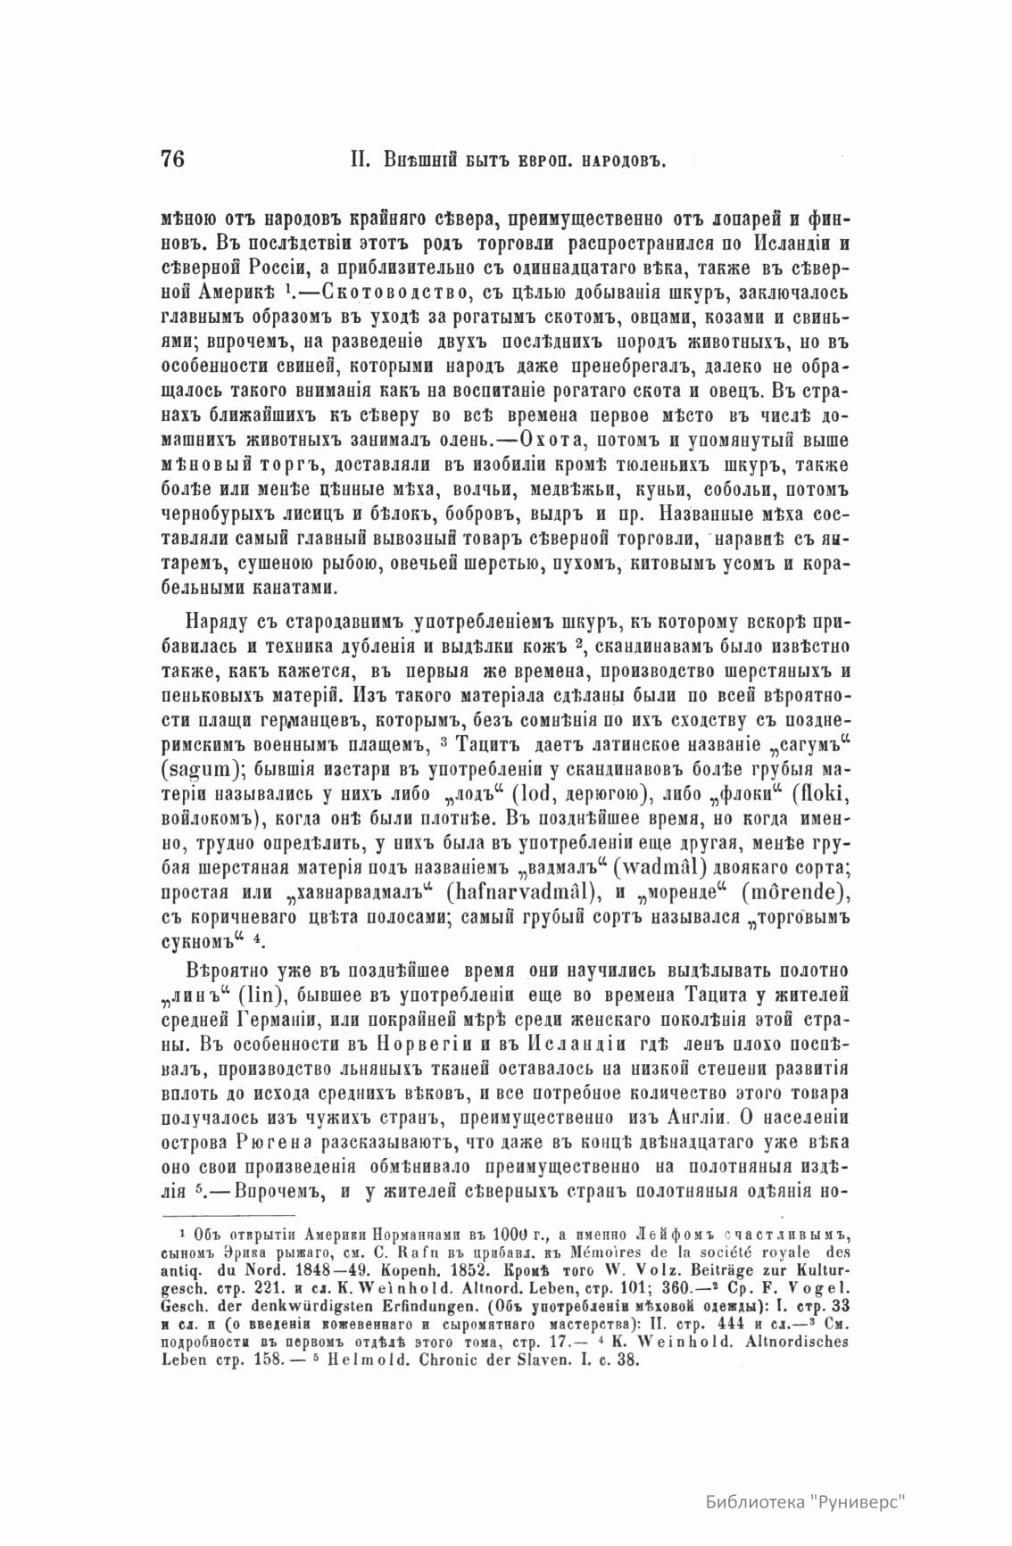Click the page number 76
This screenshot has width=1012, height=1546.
click(172, 159)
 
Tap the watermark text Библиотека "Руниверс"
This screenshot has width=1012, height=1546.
click(804, 1499)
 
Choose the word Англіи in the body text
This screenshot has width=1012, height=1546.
click(695, 1117)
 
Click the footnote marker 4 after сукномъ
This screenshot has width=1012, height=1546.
click(257, 937)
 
